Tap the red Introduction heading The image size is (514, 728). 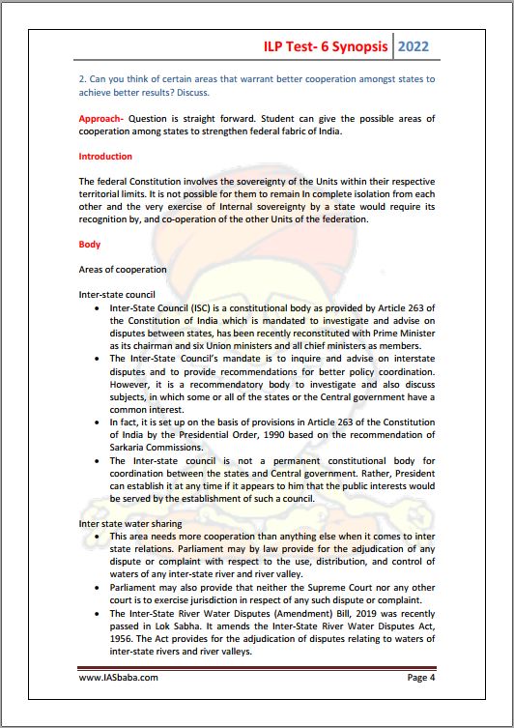[x=105, y=157]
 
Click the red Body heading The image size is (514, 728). [x=90, y=245]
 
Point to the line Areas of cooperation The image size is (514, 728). [x=122, y=269]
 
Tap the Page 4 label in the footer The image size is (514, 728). [x=420, y=678]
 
